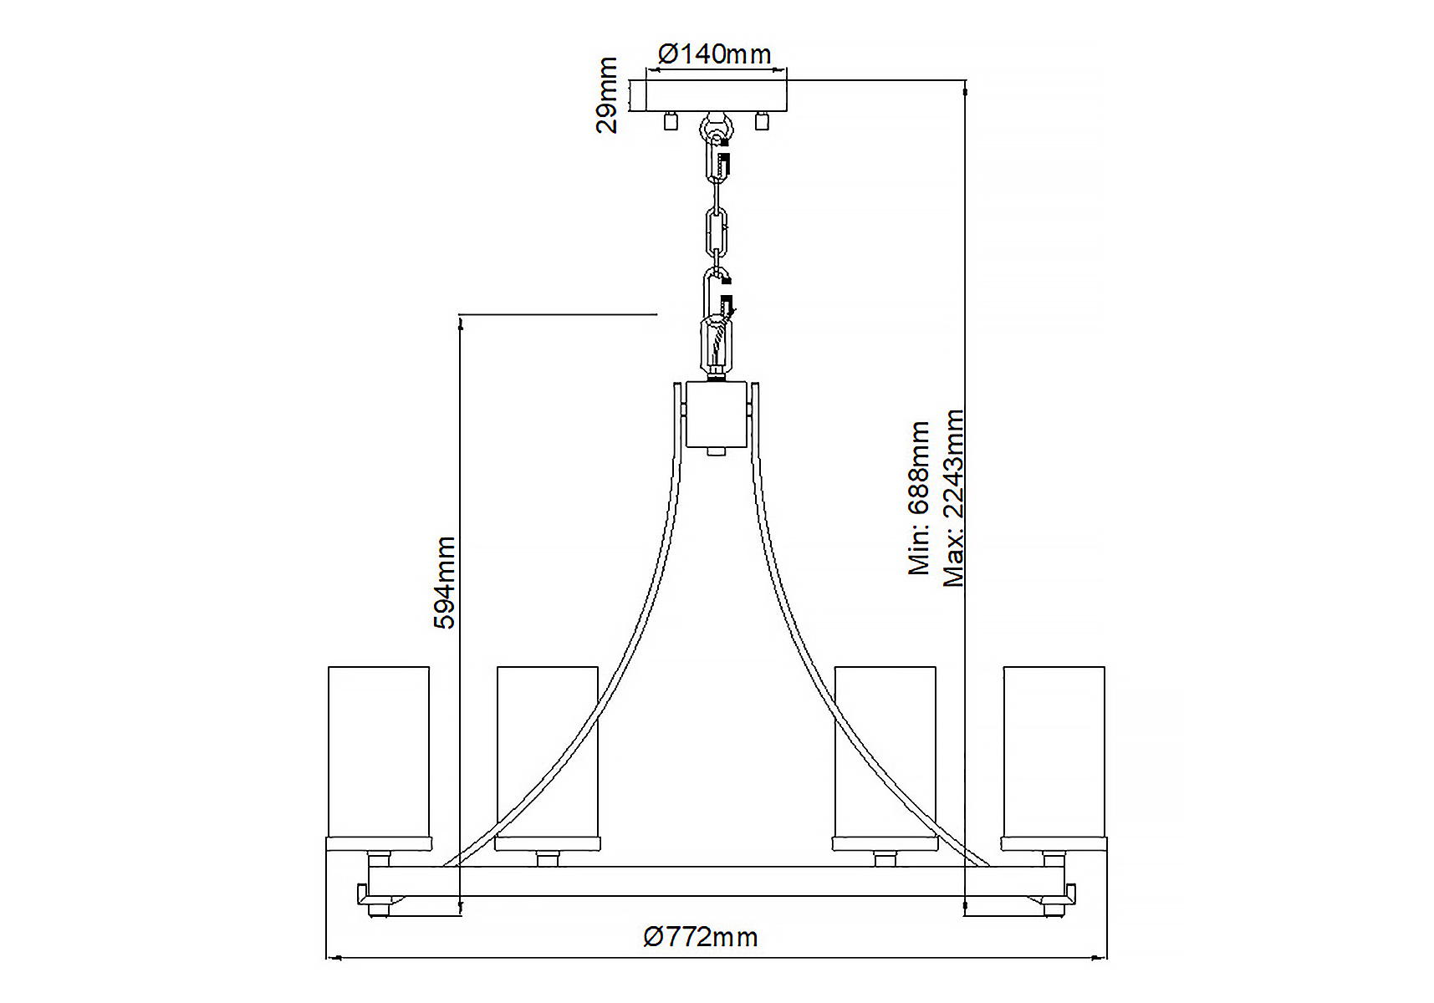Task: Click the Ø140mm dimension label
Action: click(x=715, y=54)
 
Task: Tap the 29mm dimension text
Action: click(x=608, y=94)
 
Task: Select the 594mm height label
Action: click(x=445, y=583)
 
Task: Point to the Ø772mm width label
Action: click(x=701, y=936)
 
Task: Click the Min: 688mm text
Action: click(x=919, y=498)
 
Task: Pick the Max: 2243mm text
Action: click(x=953, y=498)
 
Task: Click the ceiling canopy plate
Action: click(x=716, y=96)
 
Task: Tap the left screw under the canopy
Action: click(x=670, y=121)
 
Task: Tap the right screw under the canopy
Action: click(x=761, y=121)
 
